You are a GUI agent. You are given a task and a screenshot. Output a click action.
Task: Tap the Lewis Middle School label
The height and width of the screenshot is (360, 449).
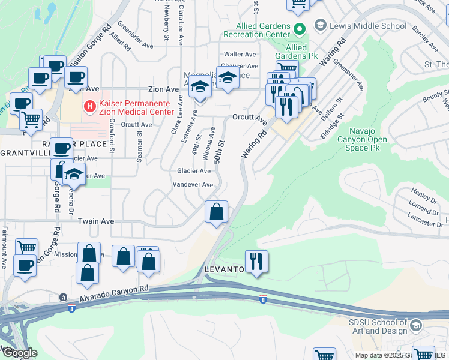coord(369,26)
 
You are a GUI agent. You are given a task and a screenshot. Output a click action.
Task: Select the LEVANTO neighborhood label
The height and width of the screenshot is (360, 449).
coord(224,269)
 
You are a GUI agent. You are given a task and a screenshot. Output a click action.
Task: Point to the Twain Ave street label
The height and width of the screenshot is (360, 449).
coord(96,221)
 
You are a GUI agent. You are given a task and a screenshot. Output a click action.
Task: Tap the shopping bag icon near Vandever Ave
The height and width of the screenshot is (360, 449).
coord(216,211)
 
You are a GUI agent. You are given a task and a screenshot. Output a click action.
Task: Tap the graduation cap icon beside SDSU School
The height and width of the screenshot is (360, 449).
coord(416,326)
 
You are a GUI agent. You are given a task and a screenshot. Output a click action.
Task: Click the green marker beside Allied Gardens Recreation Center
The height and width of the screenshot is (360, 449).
coord(300,28)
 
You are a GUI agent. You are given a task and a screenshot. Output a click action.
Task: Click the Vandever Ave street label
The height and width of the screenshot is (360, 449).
coord(194,185)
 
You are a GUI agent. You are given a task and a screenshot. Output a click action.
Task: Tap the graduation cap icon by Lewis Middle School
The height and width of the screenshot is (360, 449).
coord(320,25)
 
